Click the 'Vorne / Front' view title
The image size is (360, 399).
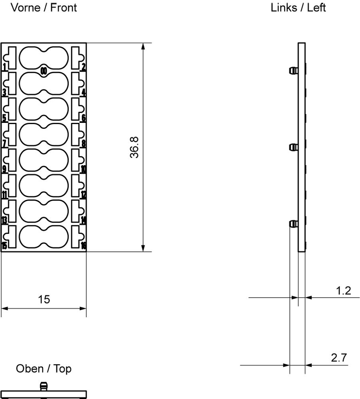(x=44, y=8)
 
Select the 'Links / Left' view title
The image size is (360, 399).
(x=298, y=8)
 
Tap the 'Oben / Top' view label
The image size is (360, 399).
(x=44, y=369)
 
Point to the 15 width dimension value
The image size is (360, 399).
(x=44, y=299)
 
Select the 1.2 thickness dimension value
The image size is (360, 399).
(x=343, y=290)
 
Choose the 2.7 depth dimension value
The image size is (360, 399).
(x=339, y=358)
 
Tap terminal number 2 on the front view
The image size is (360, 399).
(x=83, y=67)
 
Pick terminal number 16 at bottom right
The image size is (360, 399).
(x=83, y=245)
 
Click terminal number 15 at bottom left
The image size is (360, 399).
(x=4, y=245)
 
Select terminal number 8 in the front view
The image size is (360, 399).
(x=83, y=144)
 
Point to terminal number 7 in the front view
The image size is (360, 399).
(x=4, y=144)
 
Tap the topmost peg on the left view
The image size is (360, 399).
(x=293, y=71)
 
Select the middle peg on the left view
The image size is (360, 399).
(x=293, y=147)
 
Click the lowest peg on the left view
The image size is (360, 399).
(x=293, y=224)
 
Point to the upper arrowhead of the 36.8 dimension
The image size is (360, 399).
(x=143, y=46)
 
